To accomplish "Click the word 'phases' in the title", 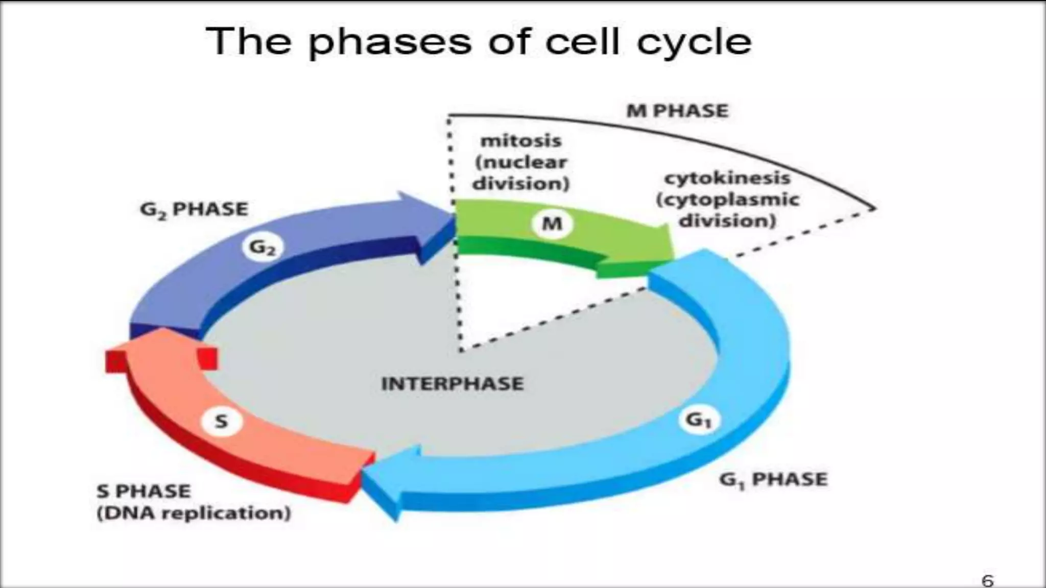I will point(390,42).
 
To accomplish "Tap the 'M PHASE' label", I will point(677,111).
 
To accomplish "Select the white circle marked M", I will point(552,223).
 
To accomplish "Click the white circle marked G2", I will point(261,248).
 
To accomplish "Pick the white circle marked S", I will point(221,422).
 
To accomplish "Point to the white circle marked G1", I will point(698,420).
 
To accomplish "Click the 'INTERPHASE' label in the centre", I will point(453,383).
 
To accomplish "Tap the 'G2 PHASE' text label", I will point(194,209).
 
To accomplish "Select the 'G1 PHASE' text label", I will point(773,479).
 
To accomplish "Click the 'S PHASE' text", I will point(144,491).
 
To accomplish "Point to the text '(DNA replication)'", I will point(194,513).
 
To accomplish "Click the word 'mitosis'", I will point(521,140).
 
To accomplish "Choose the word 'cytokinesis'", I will point(727,178).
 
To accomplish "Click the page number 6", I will point(988,580).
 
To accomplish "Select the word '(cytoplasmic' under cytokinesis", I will point(727,200).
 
